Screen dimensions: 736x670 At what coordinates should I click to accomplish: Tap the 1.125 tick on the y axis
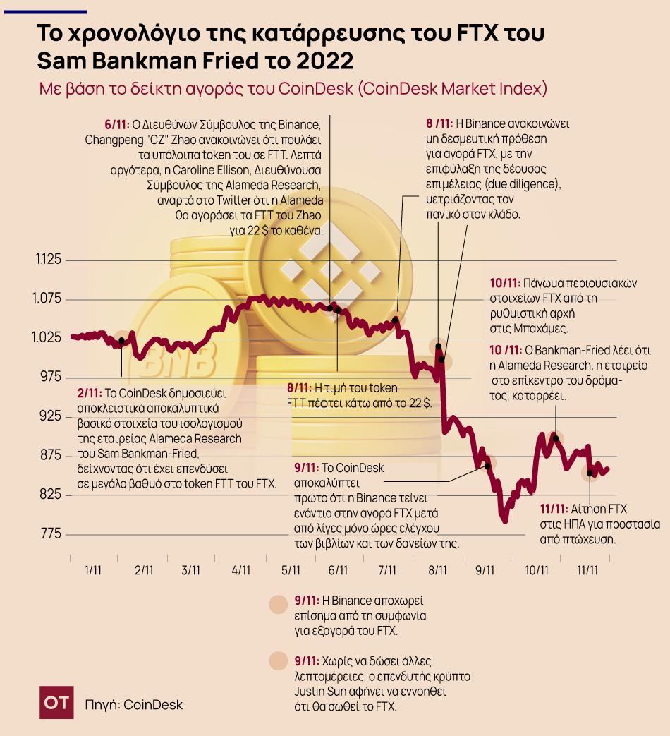49,260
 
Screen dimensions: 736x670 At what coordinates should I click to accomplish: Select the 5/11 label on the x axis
291,569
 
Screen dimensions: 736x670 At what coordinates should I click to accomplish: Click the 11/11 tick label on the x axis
587,569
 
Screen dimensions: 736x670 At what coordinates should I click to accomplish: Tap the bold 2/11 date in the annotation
90,392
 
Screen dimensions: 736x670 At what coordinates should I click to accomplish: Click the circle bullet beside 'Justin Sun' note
279,661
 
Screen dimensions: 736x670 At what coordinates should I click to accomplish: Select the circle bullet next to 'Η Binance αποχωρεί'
279,605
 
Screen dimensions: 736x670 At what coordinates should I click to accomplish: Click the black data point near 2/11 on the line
122,341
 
